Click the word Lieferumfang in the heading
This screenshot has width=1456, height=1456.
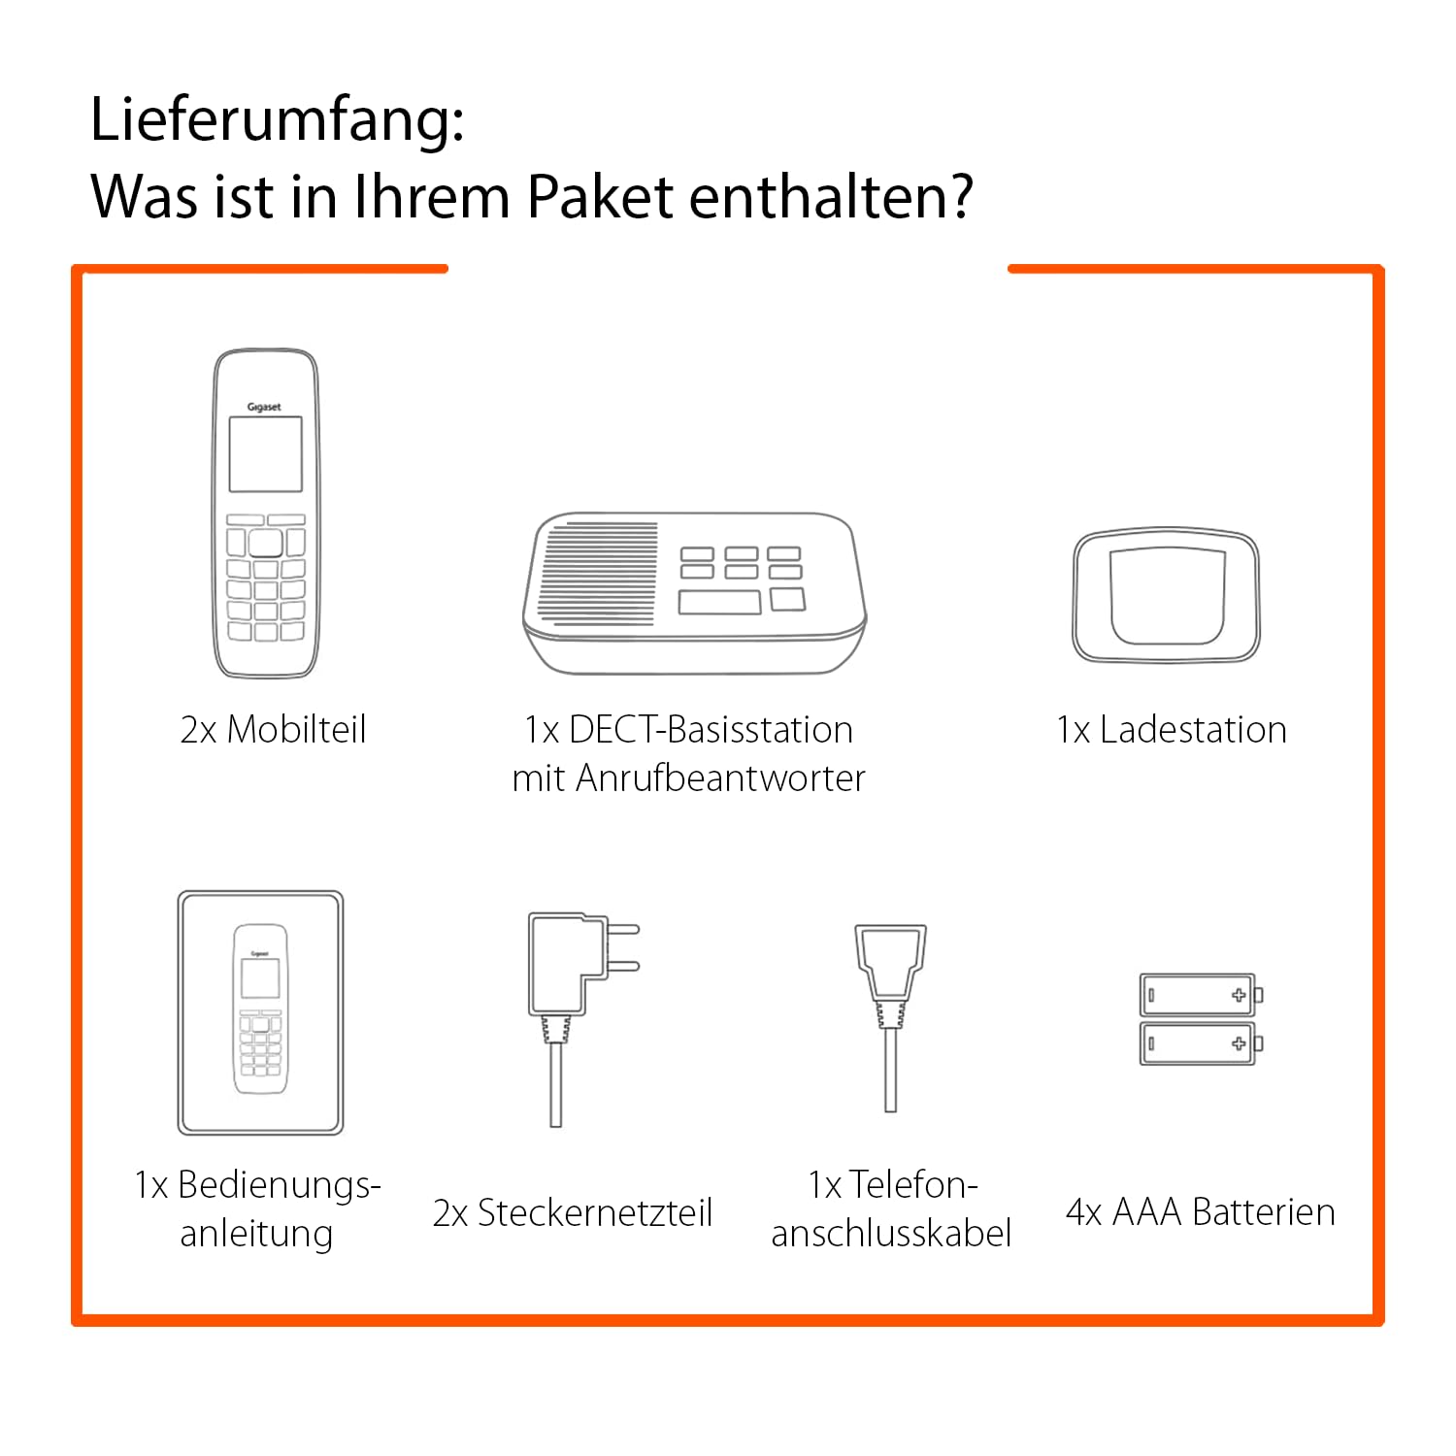click(277, 121)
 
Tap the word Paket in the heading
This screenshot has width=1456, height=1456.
click(599, 197)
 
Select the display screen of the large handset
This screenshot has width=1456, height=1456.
click(265, 454)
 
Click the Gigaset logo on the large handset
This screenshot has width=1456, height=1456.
click(264, 407)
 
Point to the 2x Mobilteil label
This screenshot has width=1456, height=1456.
click(273, 730)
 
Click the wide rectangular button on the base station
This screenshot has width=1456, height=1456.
click(719, 602)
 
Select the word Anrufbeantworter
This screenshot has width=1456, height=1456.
click(720, 778)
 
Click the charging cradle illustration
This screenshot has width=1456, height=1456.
click(1166, 597)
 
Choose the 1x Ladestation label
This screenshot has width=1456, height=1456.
click(1172, 730)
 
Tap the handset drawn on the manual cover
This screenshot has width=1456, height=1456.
click(260, 1009)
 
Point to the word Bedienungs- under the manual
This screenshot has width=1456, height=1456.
click(280, 1185)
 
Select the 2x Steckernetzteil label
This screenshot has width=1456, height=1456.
click(573, 1213)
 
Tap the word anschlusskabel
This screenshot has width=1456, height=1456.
click(891, 1234)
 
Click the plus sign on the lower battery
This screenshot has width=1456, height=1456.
click(1239, 1043)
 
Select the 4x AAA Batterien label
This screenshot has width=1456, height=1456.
click(1201, 1212)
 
